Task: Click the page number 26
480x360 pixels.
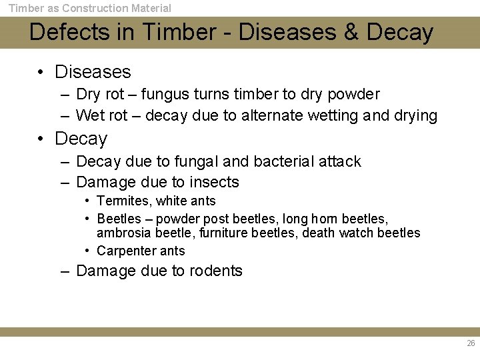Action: (471, 343)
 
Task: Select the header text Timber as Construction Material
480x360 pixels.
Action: (89, 8)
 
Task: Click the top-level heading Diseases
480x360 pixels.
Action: (93, 71)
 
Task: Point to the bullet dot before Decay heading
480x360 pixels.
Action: (41, 139)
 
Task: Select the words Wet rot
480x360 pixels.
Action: (101, 115)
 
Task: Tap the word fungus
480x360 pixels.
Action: (164, 94)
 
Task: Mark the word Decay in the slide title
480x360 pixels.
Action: (400, 32)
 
